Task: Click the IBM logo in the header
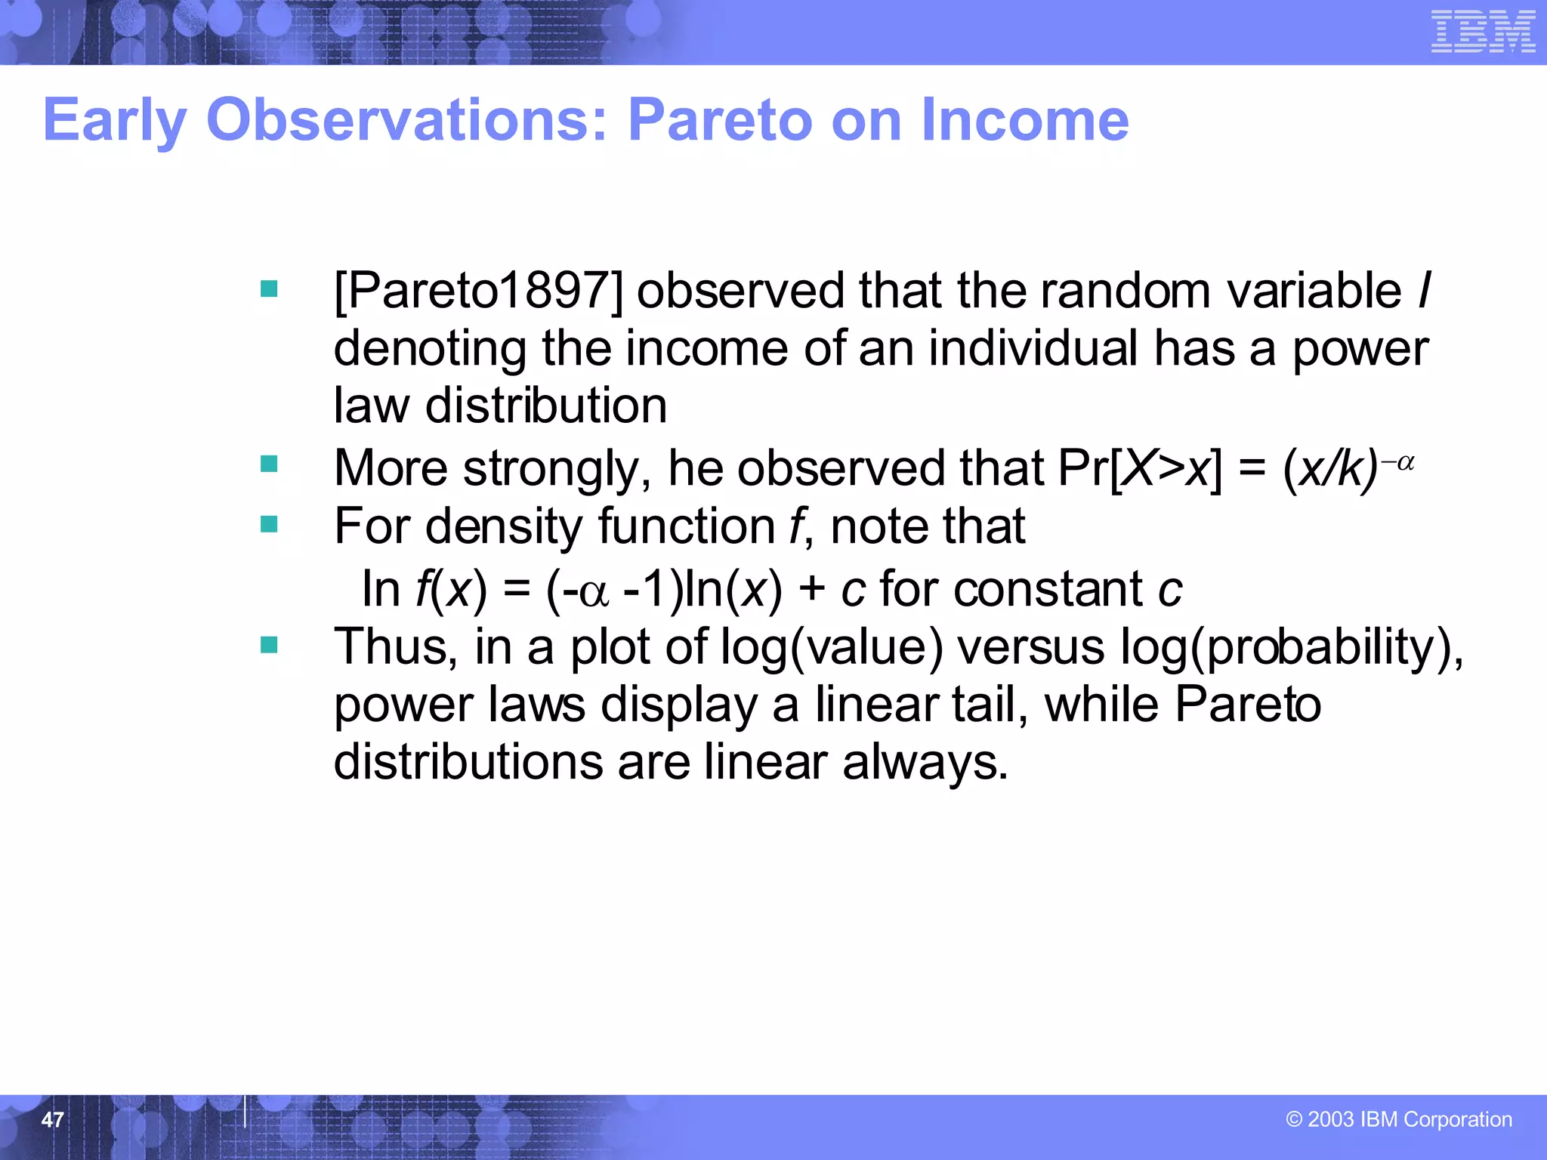[1483, 32]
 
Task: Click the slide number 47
[52, 1119]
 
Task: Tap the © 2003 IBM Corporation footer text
[1399, 1119]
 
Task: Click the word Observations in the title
[406, 121]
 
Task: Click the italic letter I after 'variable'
[1424, 291]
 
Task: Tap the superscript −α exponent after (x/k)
[1397, 462]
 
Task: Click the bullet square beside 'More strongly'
[269, 463]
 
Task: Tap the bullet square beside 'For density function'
[269, 523]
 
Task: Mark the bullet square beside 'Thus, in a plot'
[269, 644]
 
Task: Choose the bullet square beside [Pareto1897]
[269, 288]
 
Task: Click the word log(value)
[832, 648]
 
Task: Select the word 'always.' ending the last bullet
[925, 762]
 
